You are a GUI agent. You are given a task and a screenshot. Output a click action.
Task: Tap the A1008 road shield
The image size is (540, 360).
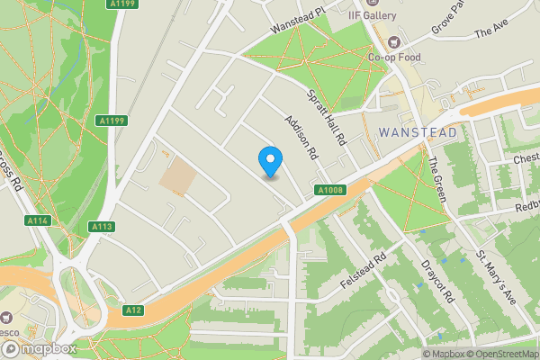329,190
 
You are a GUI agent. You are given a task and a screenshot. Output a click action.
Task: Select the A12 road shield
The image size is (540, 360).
133,310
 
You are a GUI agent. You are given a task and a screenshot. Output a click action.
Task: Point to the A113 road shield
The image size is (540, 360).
102,227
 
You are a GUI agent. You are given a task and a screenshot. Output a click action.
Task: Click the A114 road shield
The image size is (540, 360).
37,220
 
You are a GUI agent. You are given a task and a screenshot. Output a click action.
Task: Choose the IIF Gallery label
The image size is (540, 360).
374,15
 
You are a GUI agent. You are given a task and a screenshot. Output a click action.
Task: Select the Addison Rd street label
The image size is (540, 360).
301,137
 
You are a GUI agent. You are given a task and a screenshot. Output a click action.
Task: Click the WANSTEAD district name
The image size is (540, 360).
418,131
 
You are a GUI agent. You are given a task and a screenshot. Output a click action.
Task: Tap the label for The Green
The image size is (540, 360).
437,177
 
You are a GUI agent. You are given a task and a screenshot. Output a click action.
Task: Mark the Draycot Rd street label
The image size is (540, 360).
438,282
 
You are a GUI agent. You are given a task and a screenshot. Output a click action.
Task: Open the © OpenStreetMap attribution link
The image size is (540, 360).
501,354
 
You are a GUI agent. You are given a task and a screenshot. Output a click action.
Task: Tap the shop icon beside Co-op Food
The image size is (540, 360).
392,41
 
